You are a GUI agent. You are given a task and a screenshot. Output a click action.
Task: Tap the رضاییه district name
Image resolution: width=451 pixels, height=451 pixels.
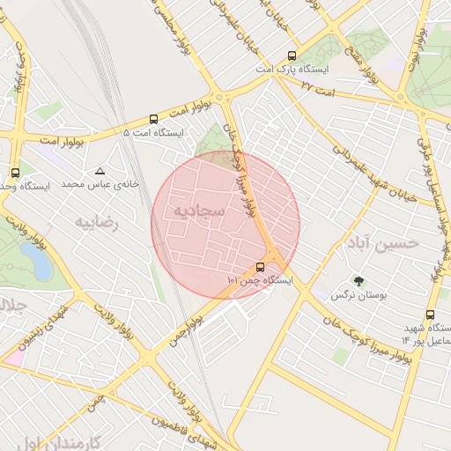click(x=96, y=221)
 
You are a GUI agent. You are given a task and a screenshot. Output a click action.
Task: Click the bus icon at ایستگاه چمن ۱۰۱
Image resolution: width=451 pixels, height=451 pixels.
click(x=260, y=267)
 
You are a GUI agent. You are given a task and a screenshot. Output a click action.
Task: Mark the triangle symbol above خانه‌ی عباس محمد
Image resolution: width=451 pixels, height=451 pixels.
click(x=100, y=171)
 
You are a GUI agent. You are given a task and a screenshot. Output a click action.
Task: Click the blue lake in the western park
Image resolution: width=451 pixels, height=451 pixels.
click(x=36, y=261)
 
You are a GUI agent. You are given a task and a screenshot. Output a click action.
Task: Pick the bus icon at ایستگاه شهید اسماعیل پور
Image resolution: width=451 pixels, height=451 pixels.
click(x=430, y=314)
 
